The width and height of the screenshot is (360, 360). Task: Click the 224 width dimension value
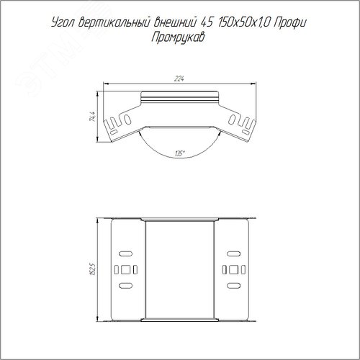point(179,78)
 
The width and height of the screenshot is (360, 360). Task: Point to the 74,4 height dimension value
point(92,117)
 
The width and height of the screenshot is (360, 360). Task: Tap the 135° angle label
point(179,153)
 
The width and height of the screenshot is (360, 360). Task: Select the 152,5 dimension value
point(93,269)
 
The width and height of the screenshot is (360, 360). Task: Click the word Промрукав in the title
point(178,38)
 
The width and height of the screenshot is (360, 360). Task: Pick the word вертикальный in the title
point(114,23)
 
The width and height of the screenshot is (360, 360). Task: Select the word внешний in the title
point(175,23)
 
